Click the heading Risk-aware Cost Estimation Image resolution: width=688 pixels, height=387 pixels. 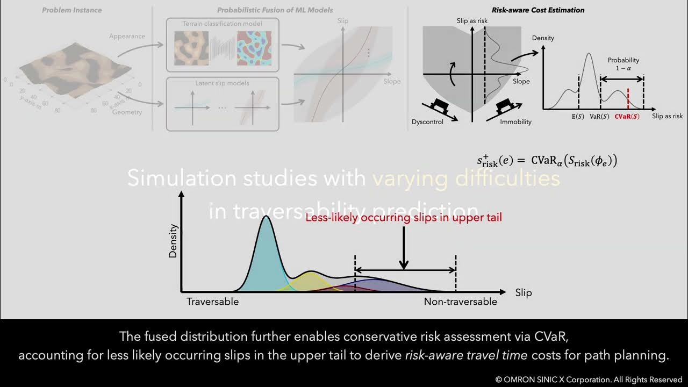[538, 10]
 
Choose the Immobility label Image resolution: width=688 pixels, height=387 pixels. [515, 121]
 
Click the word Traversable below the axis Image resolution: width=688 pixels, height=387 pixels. [212, 302]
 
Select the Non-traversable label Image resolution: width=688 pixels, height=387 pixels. [460, 302]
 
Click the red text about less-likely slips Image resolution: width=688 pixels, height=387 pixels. [404, 217]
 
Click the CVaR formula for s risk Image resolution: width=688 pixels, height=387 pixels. [547, 160]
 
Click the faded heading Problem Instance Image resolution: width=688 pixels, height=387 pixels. [72, 10]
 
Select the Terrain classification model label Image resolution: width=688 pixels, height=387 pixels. [222, 24]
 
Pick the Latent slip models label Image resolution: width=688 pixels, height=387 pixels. [222, 83]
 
